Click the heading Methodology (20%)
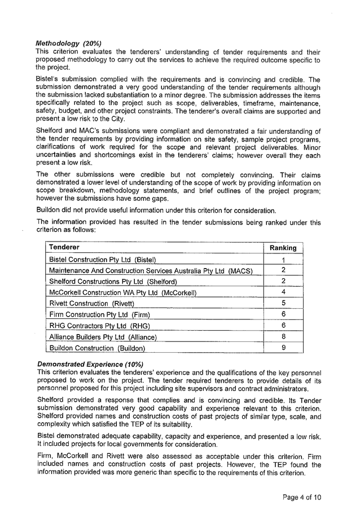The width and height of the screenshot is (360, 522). pos(68,43)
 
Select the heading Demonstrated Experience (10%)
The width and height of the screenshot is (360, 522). pos(90,364)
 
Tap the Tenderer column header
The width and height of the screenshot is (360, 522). pos(64,247)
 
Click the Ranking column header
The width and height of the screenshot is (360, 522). pos(283,248)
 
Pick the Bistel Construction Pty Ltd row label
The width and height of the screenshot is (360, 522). pos(102,260)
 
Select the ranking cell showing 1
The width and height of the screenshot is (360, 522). pos(283,260)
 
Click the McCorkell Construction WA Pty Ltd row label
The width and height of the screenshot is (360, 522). pos(122,292)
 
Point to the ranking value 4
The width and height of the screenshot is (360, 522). pos(283,292)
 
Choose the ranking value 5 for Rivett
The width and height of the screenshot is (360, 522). pos(283,304)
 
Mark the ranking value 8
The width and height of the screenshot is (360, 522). pos(283,337)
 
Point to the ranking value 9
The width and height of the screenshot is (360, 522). pos(283,348)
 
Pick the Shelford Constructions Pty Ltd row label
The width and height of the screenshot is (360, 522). pos(113,282)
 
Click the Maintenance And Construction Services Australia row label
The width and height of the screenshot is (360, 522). pos(150,271)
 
